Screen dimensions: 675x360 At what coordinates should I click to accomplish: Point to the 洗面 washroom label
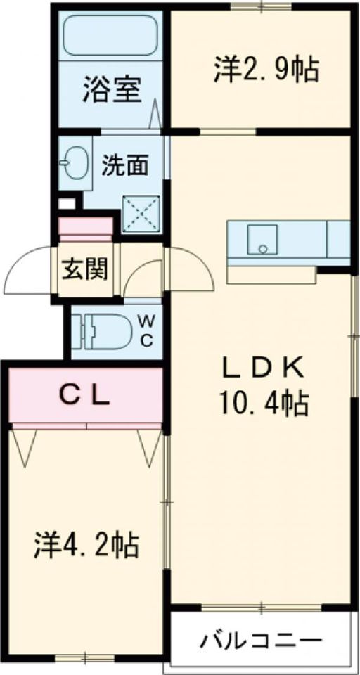(125, 166)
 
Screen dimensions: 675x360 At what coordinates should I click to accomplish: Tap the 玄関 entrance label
(84, 269)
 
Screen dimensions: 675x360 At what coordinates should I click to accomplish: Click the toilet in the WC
(103, 330)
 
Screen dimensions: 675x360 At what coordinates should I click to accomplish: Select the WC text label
(147, 329)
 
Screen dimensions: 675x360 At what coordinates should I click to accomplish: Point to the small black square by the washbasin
(66, 204)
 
